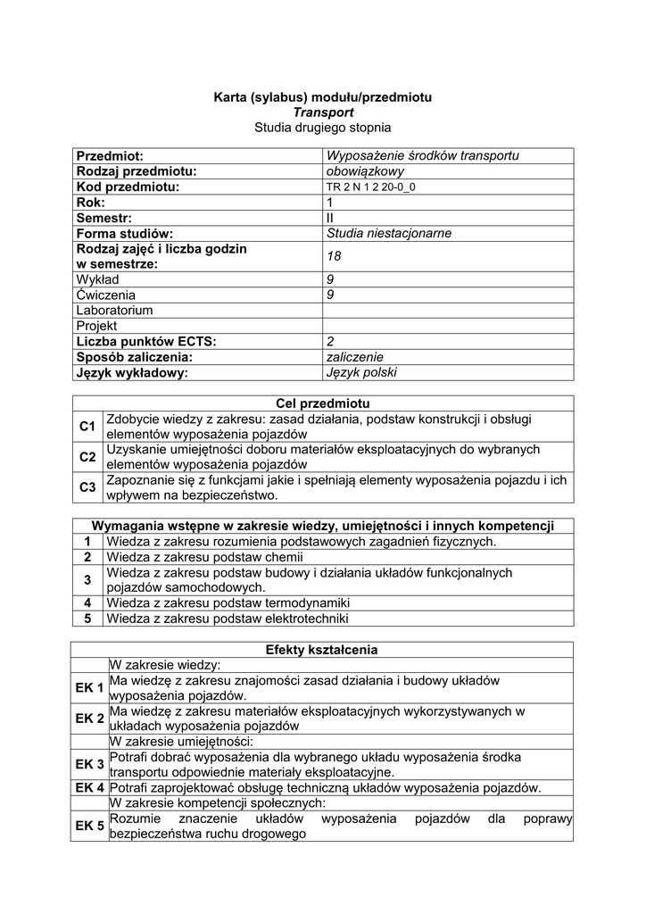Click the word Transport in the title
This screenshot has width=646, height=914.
(323, 112)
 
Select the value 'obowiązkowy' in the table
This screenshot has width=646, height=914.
(366, 171)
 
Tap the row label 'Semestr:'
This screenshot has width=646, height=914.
(104, 218)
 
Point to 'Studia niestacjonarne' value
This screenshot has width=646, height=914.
(390, 233)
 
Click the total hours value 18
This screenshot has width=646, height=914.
(335, 256)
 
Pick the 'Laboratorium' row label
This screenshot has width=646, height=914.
(114, 310)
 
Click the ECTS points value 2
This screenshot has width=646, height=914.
(330, 341)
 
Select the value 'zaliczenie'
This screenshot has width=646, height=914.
(356, 357)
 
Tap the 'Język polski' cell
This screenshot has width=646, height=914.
(362, 372)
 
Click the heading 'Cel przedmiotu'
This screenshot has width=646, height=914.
(323, 403)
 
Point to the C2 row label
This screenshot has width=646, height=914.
(87, 457)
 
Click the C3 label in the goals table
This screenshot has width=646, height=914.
(87, 487)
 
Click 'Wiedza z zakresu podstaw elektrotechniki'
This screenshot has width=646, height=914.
(228, 618)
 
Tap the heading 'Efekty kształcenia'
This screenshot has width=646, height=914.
(323, 649)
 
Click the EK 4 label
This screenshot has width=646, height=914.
(90, 787)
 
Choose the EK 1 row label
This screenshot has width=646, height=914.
(90, 687)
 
